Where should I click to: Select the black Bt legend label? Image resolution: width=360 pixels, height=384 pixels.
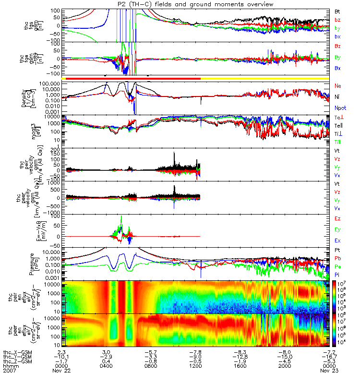point(338,11)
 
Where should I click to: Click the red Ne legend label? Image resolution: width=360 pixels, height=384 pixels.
point(338,85)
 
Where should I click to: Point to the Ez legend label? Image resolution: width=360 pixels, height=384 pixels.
point(338,218)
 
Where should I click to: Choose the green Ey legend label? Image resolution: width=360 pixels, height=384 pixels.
point(338,229)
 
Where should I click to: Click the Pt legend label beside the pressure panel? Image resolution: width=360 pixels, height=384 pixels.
point(337,251)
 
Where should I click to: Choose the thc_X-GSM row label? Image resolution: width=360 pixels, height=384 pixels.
point(17,351)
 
